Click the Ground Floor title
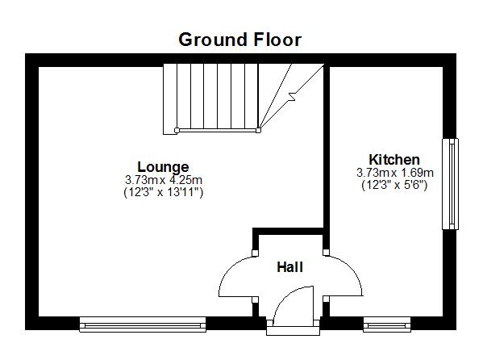coord(240,40)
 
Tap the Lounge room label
coord(163,167)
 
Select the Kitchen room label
coord(394,160)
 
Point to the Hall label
coord(289,267)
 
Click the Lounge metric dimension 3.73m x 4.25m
coord(164,179)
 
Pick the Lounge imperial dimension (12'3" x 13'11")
coord(163,192)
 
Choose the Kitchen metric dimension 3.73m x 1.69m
coord(395,173)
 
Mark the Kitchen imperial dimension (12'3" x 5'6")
coord(394,186)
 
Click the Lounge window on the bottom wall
coord(143,324)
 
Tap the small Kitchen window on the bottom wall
coord(387,324)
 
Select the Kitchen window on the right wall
coord(450,184)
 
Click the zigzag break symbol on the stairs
coord(292,97)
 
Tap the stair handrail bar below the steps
coord(218,131)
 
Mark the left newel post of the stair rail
coord(177,130)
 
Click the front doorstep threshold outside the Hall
coord(293,331)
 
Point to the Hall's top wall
coord(288,232)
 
